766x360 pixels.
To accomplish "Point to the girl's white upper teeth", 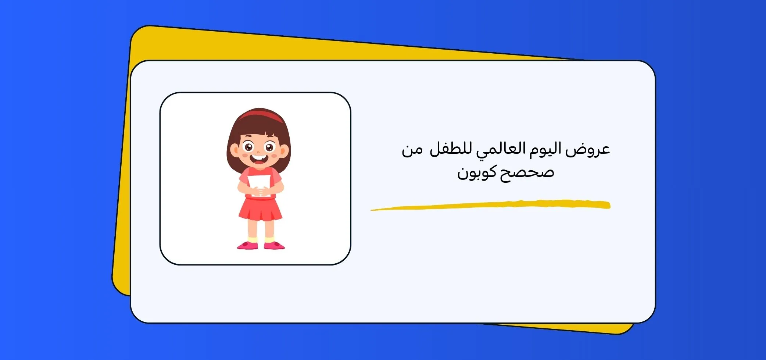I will coord(259,157).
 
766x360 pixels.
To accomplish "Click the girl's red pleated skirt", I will coord(260,210).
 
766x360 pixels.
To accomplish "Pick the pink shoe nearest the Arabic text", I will coord(274,245).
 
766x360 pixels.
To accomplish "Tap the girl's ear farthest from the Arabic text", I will coord(234,150).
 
